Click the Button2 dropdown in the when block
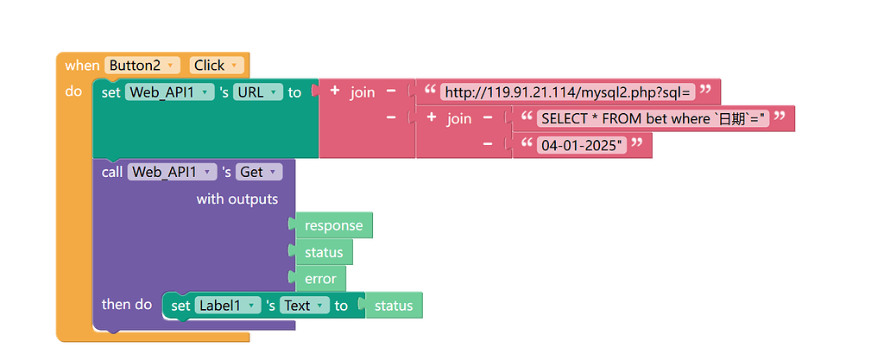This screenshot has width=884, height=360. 142,66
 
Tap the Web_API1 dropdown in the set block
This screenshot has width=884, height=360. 170,92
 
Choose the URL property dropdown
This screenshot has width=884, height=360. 257,92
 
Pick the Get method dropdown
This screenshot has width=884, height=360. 259,172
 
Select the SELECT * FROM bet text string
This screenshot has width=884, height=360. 654,118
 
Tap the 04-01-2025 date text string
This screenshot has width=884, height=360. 582,145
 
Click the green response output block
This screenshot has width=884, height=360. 333,225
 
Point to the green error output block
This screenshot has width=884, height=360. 320,279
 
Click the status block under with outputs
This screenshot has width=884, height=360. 324,252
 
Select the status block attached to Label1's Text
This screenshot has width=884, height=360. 394,306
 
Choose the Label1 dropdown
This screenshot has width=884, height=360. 228,306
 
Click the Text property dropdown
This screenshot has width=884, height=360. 306,306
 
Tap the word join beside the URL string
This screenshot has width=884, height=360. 363,92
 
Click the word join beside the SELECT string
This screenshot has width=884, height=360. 459,118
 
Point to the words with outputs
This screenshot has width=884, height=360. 237,199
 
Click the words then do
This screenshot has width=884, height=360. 127,305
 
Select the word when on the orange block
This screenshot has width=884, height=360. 82,66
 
